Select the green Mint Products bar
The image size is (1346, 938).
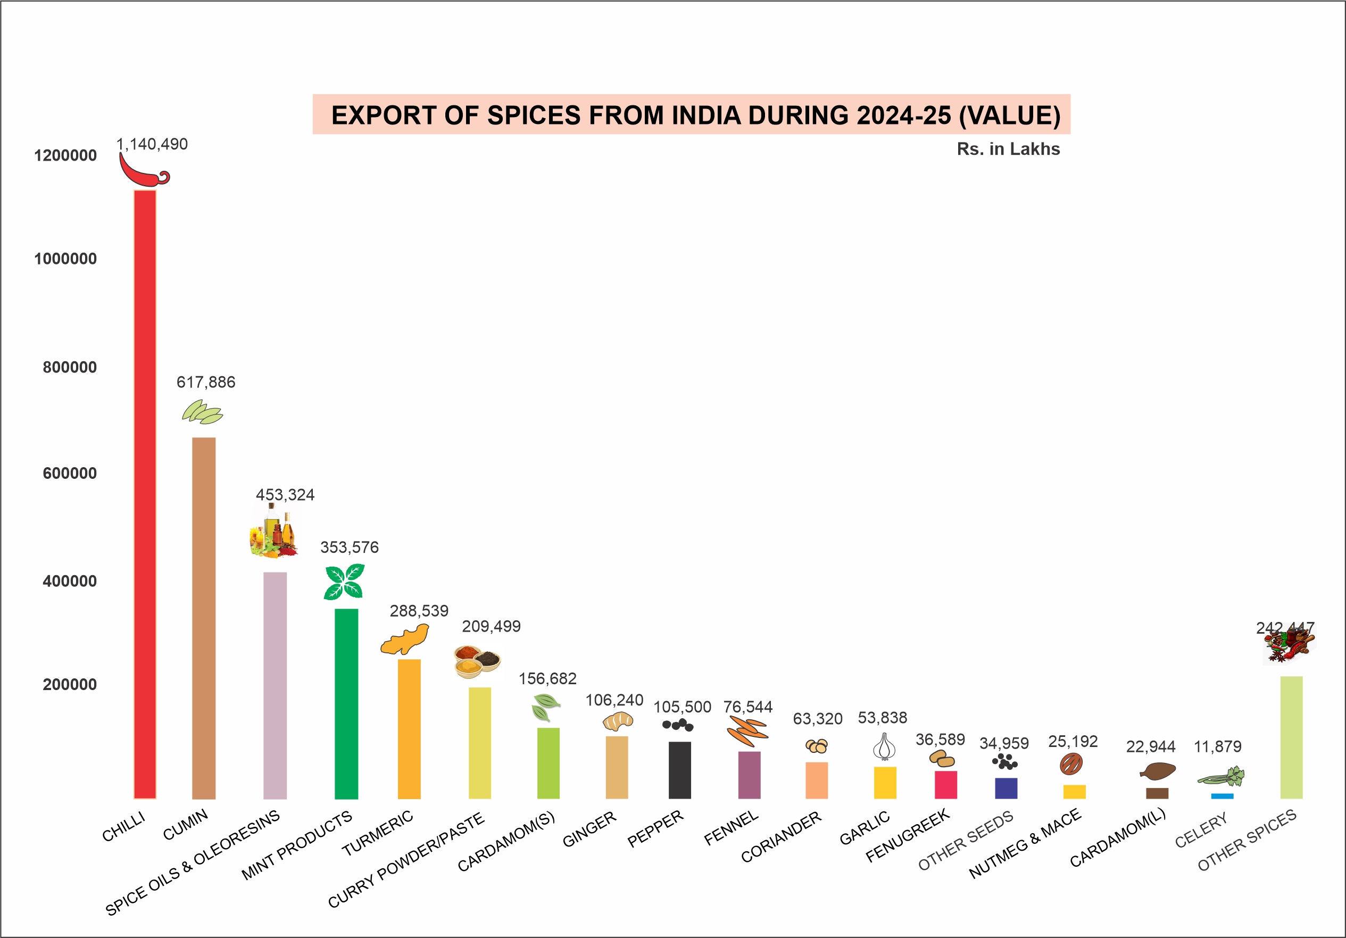point(346,703)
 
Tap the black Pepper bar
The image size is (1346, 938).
point(679,770)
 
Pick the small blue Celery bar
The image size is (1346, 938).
point(1222,795)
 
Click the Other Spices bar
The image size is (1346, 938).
point(1292,737)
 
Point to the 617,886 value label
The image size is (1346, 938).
point(206,382)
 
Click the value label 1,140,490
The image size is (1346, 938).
point(152,144)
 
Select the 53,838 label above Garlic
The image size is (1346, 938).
point(882,718)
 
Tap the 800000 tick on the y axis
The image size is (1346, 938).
point(69,368)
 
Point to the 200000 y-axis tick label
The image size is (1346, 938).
point(69,684)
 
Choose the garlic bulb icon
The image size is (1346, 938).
point(884,747)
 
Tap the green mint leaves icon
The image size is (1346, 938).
point(344,581)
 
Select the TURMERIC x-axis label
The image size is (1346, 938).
point(378,833)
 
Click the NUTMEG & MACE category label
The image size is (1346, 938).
point(1025,843)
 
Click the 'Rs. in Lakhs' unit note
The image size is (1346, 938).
point(1008,149)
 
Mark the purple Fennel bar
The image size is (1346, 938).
point(749,775)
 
